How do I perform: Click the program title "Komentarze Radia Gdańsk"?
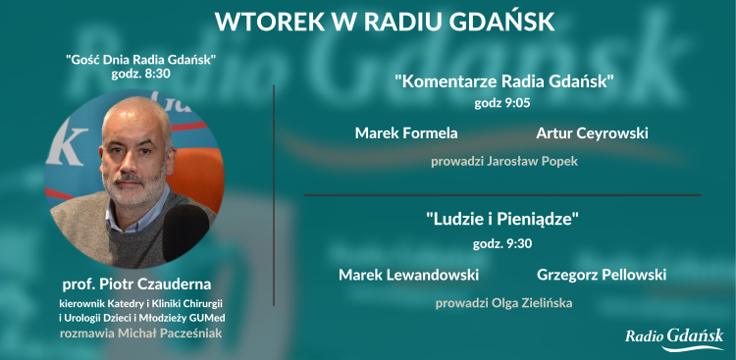click(x=503, y=80)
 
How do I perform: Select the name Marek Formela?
click(x=406, y=132)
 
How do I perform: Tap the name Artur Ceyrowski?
click(x=593, y=132)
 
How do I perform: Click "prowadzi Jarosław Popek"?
click(x=503, y=161)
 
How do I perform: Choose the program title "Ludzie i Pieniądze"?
click(x=502, y=220)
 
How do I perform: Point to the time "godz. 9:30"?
click(x=502, y=242)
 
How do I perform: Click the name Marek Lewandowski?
click(x=408, y=275)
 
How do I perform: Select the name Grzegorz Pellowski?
click(x=602, y=275)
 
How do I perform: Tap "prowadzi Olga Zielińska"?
click(x=503, y=303)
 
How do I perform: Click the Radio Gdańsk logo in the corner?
click(x=674, y=336)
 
